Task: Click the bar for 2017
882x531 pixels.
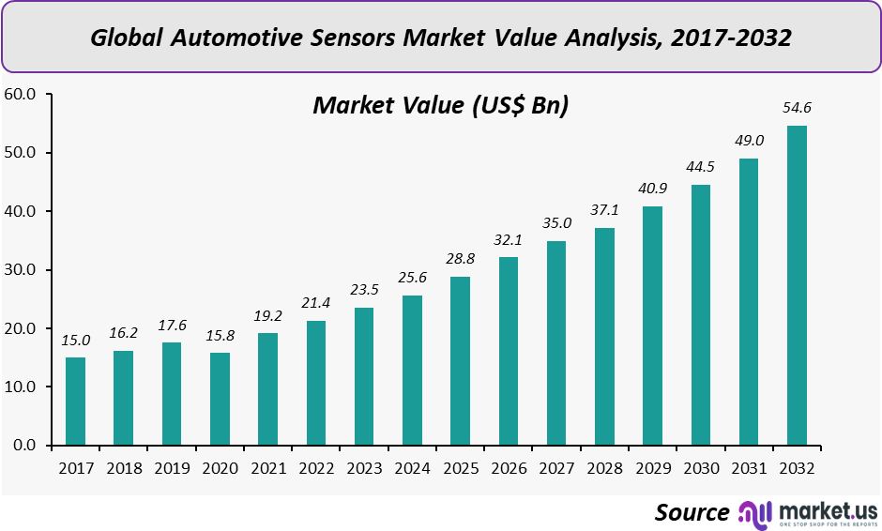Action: click(75, 402)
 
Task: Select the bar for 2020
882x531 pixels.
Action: click(220, 399)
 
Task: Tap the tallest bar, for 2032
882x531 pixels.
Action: click(797, 285)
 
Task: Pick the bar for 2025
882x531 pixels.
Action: click(460, 361)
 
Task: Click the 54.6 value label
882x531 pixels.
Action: click(797, 108)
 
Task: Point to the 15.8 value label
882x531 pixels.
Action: click(220, 335)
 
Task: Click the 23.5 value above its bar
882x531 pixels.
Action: click(364, 290)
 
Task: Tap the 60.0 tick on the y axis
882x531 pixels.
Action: click(21, 94)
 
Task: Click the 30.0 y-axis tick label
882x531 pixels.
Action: click(21, 270)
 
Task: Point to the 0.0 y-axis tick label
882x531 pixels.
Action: click(24, 446)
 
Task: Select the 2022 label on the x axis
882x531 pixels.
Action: click(316, 467)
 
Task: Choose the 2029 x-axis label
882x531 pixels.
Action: click(652, 467)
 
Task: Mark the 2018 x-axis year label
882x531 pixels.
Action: click(124, 467)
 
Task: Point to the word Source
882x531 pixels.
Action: click(692, 512)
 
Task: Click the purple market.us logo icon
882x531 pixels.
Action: click(755, 512)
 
